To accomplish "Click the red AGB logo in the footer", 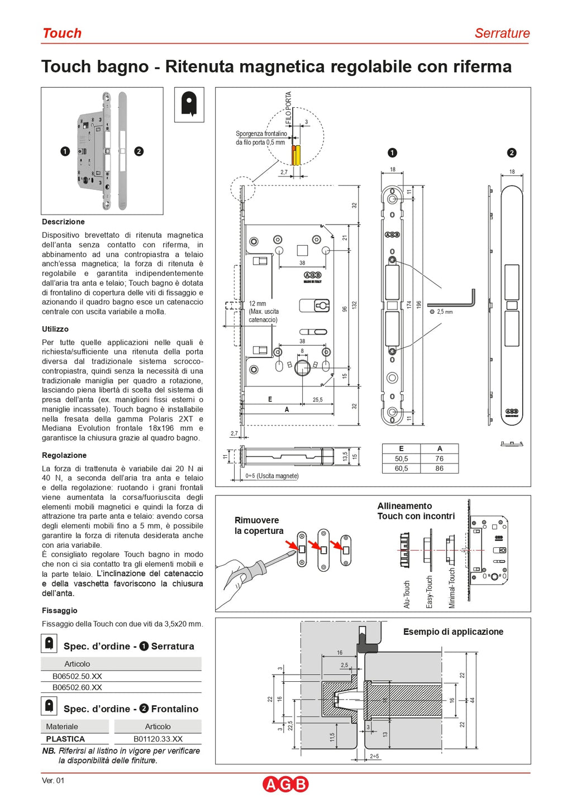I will click(285, 784).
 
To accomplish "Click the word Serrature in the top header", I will click(502, 34).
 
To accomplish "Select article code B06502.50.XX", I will click(77, 676).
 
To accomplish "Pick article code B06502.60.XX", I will click(77, 687).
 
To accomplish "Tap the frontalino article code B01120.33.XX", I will click(158, 739).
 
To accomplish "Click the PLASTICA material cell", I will click(65, 739).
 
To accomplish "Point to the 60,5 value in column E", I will click(401, 468).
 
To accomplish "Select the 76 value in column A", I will click(440, 458).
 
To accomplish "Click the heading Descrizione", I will click(63, 222).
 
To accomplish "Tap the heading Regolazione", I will click(64, 455).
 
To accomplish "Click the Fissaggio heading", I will click(60, 610).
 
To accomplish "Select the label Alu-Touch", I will click(407, 594).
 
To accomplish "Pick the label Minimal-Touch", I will click(452, 589).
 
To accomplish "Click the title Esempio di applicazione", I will click(453, 632).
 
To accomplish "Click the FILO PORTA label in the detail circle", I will click(288, 107).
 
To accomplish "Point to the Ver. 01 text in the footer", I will click(53, 780).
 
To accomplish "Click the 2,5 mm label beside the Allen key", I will click(445, 312).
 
